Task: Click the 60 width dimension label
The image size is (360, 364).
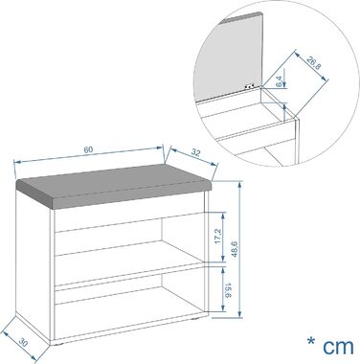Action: click(88, 149)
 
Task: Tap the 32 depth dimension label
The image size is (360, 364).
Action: click(195, 153)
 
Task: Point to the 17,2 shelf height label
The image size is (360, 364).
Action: click(217, 237)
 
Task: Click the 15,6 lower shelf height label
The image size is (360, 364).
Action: click(228, 290)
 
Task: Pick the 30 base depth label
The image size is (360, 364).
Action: click(23, 343)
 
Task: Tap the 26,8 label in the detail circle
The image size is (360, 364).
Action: click(314, 63)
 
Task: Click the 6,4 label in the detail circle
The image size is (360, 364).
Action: click(279, 81)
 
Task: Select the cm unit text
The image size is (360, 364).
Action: click(338, 347)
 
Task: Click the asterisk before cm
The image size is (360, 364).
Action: click(311, 341)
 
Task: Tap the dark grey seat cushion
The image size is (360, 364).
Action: click(114, 186)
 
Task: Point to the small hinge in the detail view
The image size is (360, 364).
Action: click(249, 86)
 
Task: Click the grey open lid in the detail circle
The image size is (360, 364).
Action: click(229, 57)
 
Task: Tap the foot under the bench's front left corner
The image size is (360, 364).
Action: click(58, 345)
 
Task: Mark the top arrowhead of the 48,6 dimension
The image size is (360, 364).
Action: click(239, 185)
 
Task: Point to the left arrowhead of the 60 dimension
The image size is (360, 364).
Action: click(18, 162)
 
